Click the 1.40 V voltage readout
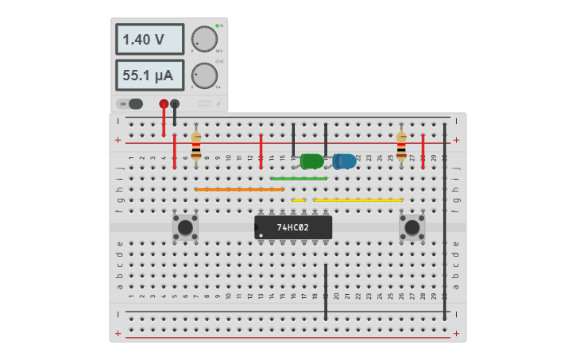(149, 39)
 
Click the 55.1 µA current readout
(149, 75)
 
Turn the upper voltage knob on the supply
(204, 39)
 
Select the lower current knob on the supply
(204, 75)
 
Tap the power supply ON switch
(131, 103)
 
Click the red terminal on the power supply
(164, 103)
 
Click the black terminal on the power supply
(175, 103)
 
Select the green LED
(311, 161)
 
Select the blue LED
(345, 161)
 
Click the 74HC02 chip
(293, 227)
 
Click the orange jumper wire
(239, 189)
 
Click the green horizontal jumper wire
(299, 179)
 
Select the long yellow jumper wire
(358, 200)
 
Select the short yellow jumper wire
(299, 200)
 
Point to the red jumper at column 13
(261, 151)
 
